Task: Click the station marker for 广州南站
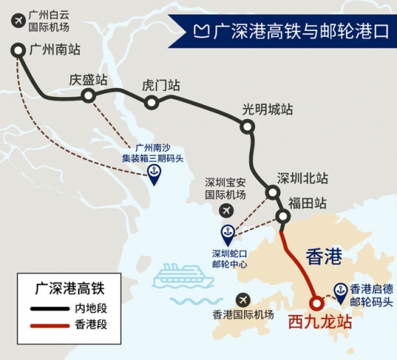pos(18,50)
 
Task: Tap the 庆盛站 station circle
pos(88,96)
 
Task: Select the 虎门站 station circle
pos(151,102)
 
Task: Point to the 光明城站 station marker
pos(248,127)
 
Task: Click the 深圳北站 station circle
pos(273,193)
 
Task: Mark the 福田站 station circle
pos(282,216)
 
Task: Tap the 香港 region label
pos(323,256)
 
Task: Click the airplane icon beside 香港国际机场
pos(244,301)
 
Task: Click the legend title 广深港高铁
pos(68,289)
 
